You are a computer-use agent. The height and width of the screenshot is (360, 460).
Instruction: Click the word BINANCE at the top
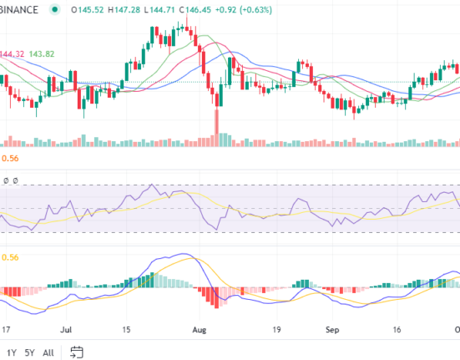[19, 9]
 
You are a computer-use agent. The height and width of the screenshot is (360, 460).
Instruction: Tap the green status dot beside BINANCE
[55, 9]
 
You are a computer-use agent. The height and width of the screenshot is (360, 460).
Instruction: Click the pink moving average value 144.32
[12, 53]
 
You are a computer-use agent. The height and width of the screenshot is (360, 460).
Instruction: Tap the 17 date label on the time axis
[6, 330]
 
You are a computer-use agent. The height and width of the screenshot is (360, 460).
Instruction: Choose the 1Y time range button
[12, 352]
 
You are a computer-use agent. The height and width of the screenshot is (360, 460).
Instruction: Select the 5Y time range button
[31, 352]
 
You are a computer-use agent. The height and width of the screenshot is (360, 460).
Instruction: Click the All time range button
[50, 352]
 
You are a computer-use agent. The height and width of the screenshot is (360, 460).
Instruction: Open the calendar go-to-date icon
[78, 352]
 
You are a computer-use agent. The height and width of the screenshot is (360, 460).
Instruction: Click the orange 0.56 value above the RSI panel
[10, 157]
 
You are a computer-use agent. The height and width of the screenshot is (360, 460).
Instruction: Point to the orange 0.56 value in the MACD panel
[10, 258]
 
